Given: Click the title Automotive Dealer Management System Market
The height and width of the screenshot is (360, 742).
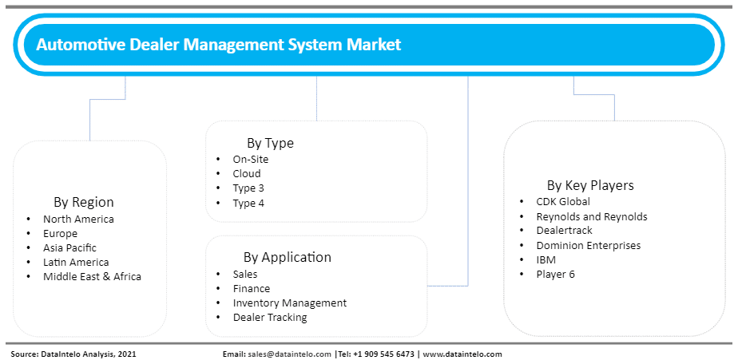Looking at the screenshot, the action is point(219,45).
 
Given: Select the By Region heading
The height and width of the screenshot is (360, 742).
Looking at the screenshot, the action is point(84,202).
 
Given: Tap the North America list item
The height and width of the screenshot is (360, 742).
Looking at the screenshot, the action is point(78,219).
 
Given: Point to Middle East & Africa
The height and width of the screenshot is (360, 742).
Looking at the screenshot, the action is point(93,276).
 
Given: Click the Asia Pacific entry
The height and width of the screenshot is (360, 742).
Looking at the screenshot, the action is point(69,247).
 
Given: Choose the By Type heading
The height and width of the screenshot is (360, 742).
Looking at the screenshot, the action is point(270,143).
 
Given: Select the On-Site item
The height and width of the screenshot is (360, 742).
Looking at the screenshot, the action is point(250,160).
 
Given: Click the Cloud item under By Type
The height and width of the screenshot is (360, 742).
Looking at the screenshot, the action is point(247,173).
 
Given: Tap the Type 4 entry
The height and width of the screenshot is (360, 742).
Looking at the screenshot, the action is point(248,203).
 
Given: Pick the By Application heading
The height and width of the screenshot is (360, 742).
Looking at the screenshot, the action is point(288,257).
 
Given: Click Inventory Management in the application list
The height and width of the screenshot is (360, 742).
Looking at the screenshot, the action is point(290,303).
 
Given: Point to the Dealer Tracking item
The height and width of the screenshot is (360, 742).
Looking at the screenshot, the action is point(270,317).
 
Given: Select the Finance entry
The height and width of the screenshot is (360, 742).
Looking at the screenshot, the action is point(252,289).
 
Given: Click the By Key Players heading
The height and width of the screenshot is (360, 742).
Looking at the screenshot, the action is point(590,185).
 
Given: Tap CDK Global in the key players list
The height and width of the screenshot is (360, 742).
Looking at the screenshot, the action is point(563,201).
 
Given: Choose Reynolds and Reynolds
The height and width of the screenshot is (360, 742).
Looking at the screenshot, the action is point(592,216).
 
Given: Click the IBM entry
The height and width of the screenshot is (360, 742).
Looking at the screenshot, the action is point(546,259).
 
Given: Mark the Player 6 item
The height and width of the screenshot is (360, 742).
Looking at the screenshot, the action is point(555,274).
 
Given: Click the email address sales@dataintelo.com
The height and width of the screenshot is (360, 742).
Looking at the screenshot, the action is point(290,354).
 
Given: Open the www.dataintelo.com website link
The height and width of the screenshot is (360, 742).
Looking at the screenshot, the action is point(462,354).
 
